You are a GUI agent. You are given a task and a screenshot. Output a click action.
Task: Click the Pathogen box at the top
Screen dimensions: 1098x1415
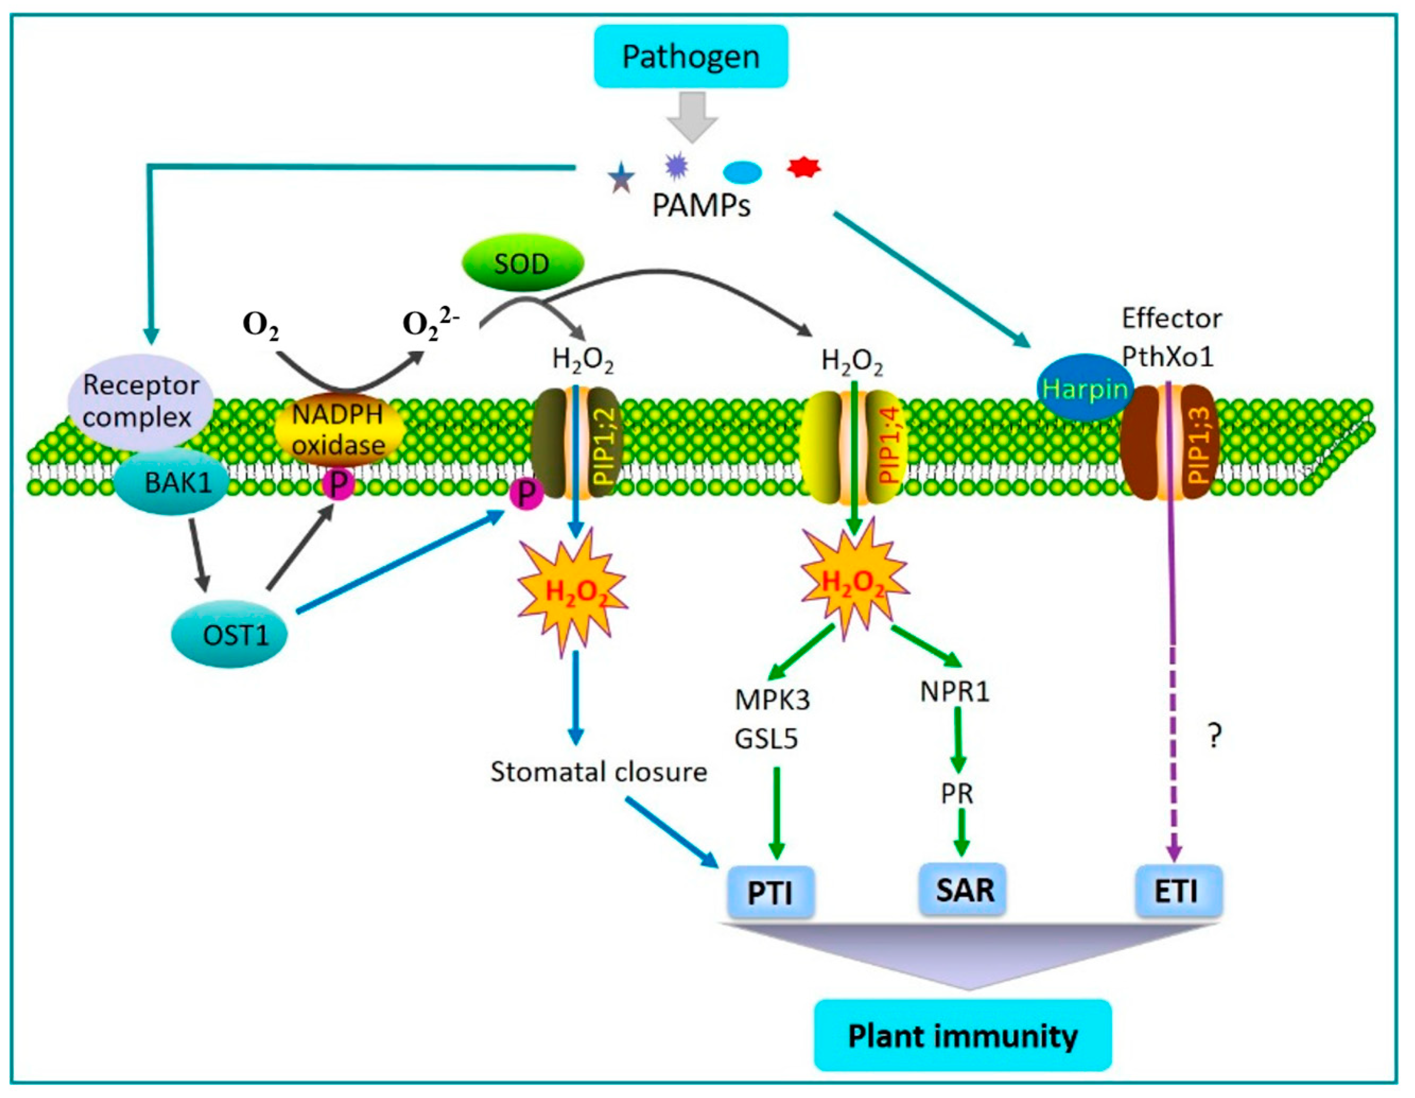pyautogui.click(x=691, y=56)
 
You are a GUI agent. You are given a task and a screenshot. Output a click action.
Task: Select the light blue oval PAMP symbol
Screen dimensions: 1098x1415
pyautogui.click(x=742, y=172)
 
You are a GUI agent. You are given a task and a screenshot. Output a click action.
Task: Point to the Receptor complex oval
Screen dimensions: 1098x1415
pyautogui.click(x=140, y=401)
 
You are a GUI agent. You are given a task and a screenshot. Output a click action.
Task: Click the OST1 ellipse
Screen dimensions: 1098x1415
pyautogui.click(x=230, y=634)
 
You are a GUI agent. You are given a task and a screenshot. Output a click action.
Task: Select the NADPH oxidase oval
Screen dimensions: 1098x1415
pyautogui.click(x=339, y=429)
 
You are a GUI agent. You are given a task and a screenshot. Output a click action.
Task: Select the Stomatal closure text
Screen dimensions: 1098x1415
pyautogui.click(x=598, y=772)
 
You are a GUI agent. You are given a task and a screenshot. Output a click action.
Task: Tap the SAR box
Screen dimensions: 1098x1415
pyautogui.click(x=964, y=890)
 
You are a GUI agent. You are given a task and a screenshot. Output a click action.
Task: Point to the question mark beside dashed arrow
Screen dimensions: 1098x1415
pyautogui.click(x=1215, y=736)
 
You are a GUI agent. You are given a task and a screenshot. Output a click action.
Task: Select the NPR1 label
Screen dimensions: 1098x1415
pyautogui.click(x=955, y=692)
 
